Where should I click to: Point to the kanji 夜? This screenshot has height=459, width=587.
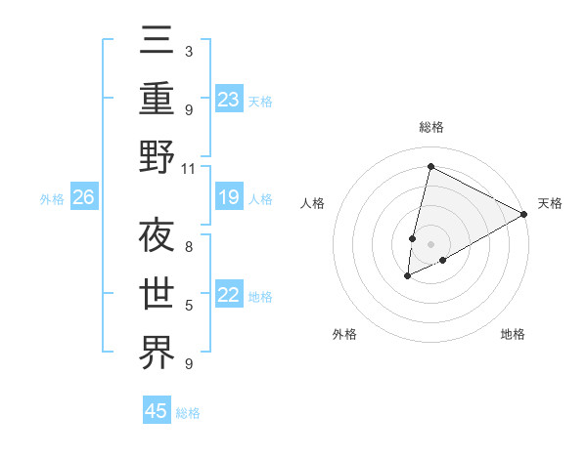pyautogui.click(x=157, y=236)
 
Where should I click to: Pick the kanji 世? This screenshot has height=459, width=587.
pyautogui.click(x=157, y=294)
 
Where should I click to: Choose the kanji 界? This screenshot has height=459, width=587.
pyautogui.click(x=157, y=353)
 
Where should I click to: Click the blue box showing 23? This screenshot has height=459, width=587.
pyautogui.click(x=228, y=99)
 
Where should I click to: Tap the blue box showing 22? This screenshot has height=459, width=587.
pyautogui.click(x=228, y=295)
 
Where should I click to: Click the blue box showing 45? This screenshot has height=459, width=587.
pyautogui.click(x=157, y=411)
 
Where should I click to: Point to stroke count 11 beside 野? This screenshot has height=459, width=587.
pyautogui.click(x=189, y=168)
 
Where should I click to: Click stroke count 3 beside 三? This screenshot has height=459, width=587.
pyautogui.click(x=189, y=50)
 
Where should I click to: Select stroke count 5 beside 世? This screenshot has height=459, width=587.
pyautogui.click(x=189, y=306)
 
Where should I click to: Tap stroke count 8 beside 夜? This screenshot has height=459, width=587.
pyautogui.click(x=189, y=247)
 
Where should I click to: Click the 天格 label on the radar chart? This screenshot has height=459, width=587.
pyautogui.click(x=550, y=203)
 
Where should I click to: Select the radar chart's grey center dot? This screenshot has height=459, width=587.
pyautogui.click(x=430, y=243)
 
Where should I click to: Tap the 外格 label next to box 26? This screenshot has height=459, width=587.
pyautogui.click(x=52, y=199)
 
